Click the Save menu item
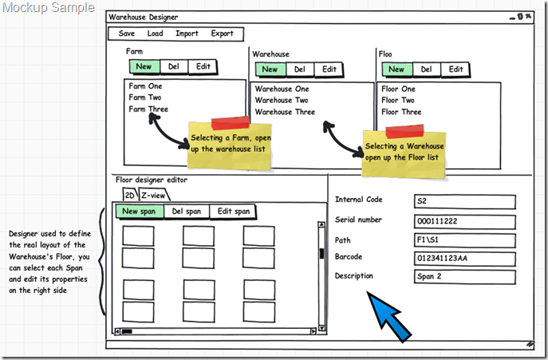(127, 34)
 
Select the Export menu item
(223, 34)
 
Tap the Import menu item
(187, 34)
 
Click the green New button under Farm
(144, 67)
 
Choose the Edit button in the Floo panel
(455, 69)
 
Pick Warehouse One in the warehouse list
(282, 89)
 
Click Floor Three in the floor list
(401, 112)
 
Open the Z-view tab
(153, 195)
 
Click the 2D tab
(129, 195)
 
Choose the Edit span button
(234, 212)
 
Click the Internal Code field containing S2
(464, 201)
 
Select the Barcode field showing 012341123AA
(464, 258)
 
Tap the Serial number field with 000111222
(464, 221)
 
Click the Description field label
(353, 276)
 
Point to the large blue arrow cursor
(396, 316)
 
